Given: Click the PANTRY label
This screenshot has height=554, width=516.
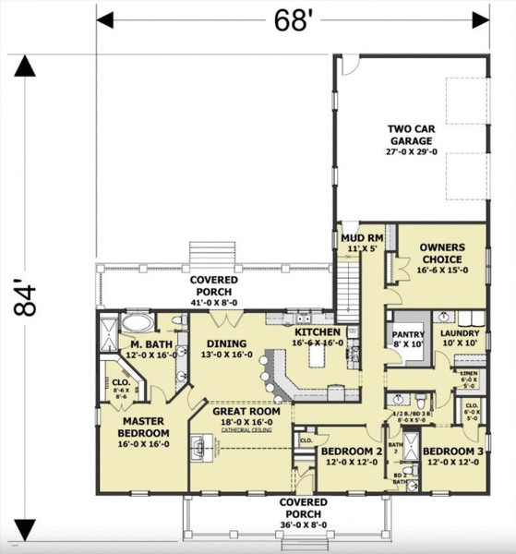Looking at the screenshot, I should pyautogui.click(x=407, y=337).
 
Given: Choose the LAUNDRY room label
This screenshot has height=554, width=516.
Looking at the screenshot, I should pyautogui.click(x=458, y=337).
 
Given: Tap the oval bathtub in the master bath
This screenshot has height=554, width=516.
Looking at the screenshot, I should pyautogui.click(x=138, y=324).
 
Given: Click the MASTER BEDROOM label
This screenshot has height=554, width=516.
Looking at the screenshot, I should pyautogui.click(x=144, y=428).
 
